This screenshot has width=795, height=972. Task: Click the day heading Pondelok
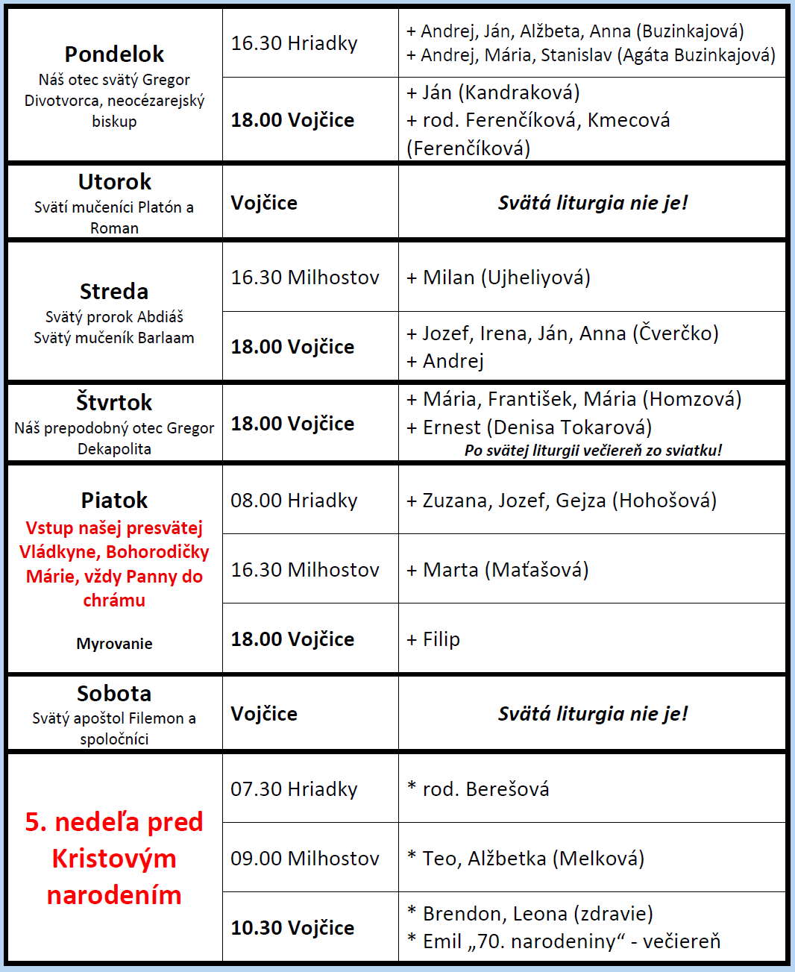tap(114, 54)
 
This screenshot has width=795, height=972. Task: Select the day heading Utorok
tap(114, 182)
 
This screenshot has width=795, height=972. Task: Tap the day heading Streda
tap(114, 292)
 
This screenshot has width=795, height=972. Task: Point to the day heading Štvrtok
tap(114, 403)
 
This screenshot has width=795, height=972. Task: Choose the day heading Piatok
tap(114, 501)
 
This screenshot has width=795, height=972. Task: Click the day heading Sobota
tap(114, 694)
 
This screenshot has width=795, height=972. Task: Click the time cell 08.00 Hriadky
tap(294, 501)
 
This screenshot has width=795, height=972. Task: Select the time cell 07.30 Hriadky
tap(294, 789)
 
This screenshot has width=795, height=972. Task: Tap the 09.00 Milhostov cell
tap(304, 859)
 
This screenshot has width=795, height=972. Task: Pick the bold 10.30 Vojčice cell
tap(292, 928)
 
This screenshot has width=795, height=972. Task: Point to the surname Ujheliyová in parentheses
tap(535, 278)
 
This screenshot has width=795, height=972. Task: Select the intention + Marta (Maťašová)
tap(497, 570)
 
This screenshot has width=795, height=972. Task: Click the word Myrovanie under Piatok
tap(114, 644)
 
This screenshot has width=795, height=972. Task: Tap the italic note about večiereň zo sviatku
tap(593, 451)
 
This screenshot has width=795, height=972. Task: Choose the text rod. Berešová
tap(486, 789)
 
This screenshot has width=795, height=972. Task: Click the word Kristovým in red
tap(114, 859)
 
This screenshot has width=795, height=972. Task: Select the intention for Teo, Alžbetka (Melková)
tap(526, 859)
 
